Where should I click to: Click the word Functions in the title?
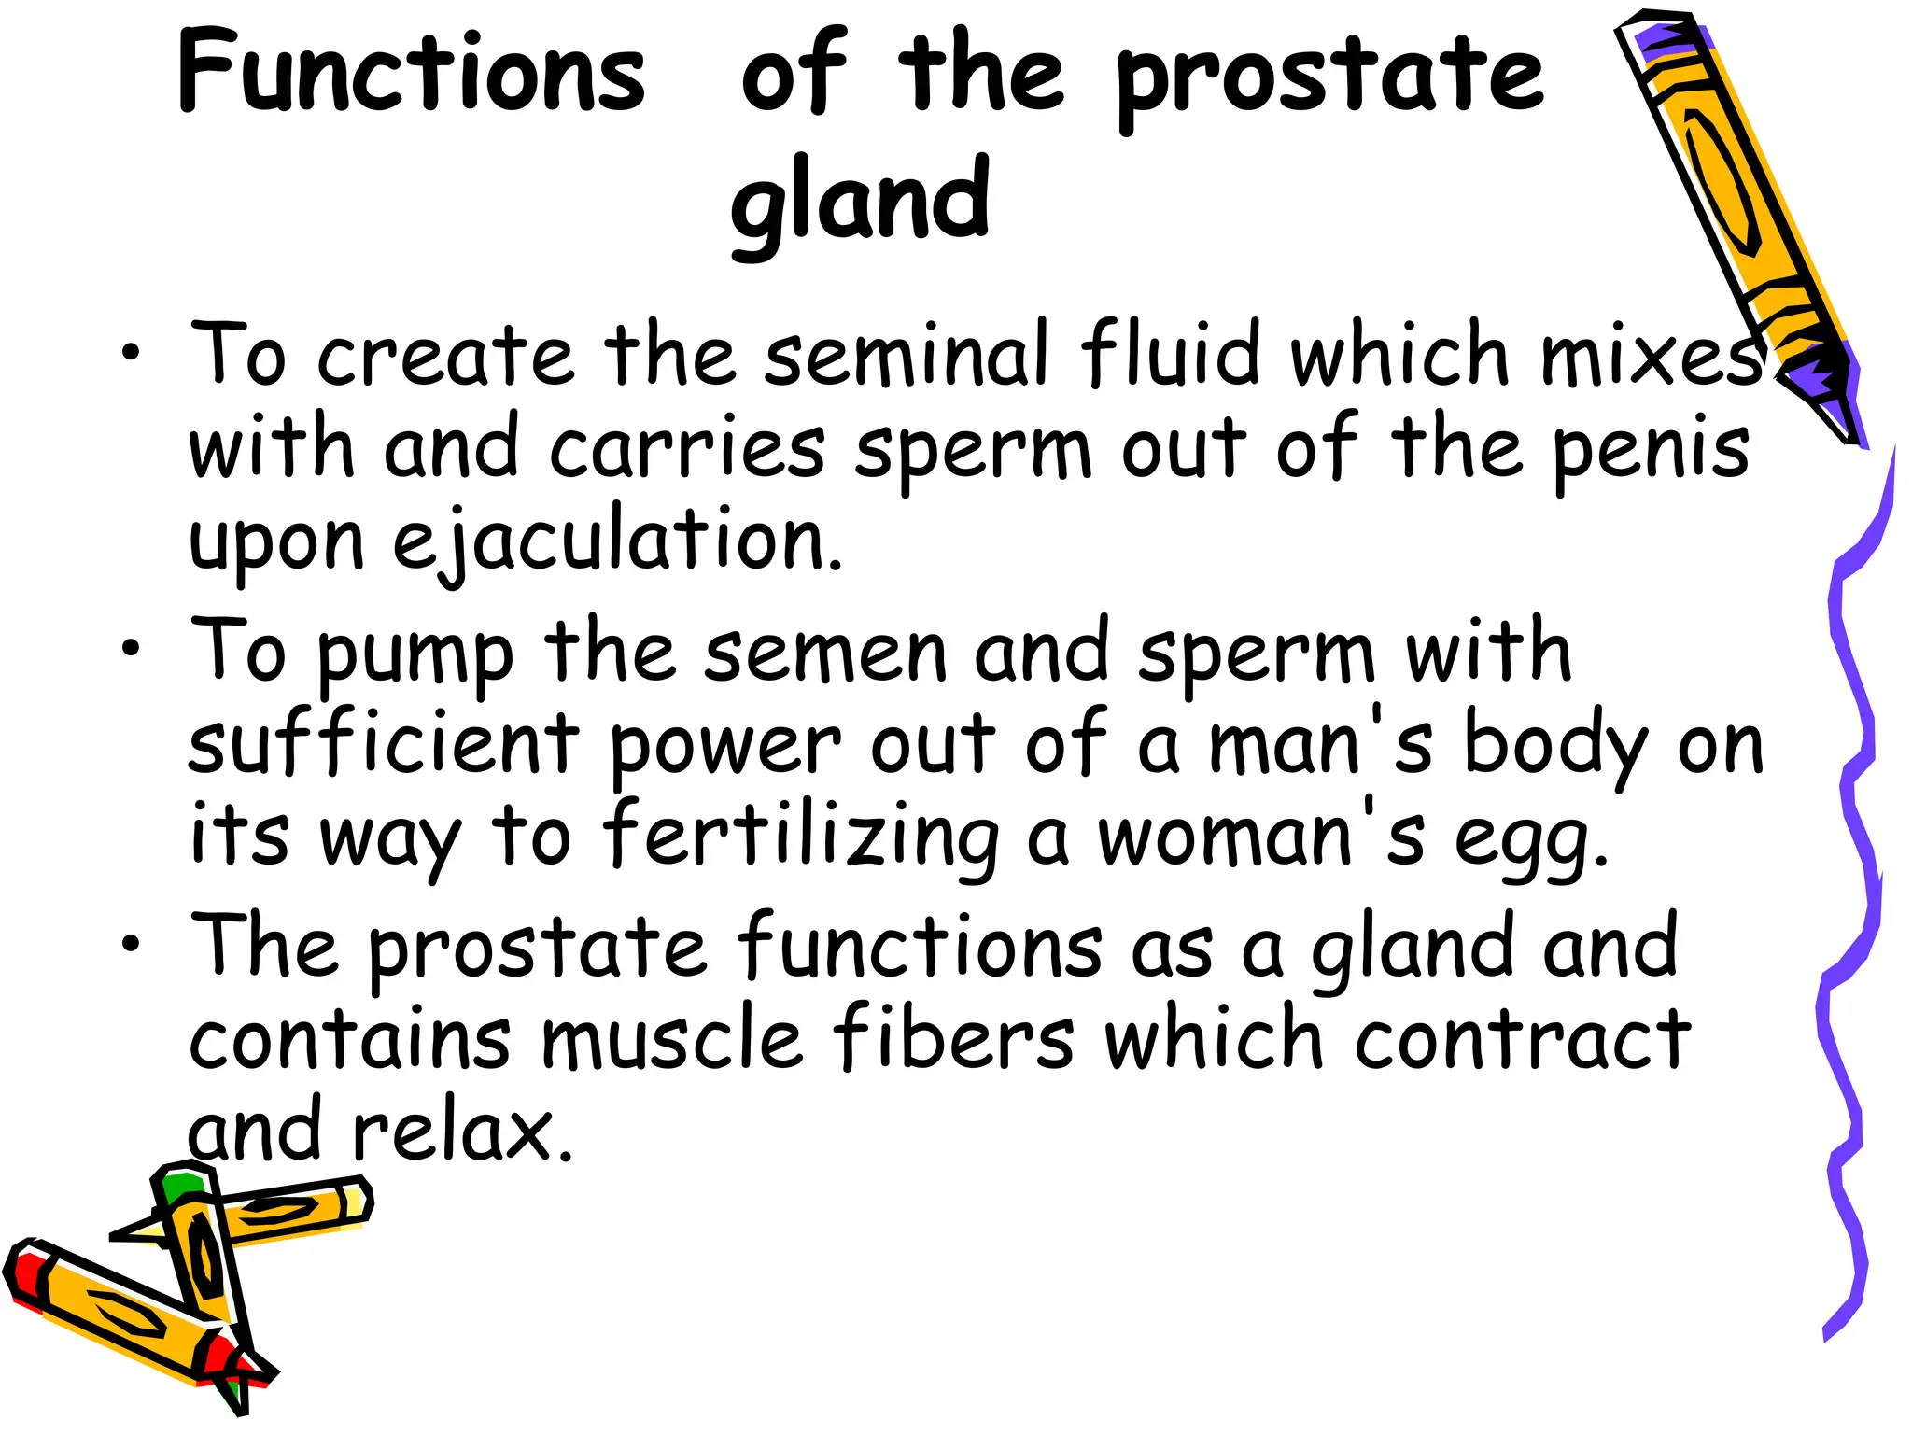coord(411,73)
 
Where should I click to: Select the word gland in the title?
coord(859,201)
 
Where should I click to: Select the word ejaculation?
coord(616,541)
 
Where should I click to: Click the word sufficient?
coord(384,744)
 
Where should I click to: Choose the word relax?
coord(462,1132)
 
